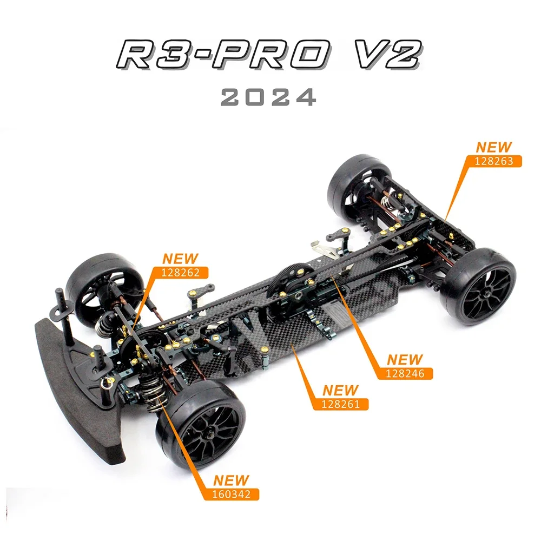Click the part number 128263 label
pyautogui.click(x=494, y=161)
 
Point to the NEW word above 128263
pyautogui.click(x=493, y=147)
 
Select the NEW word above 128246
pyautogui.click(x=405, y=359)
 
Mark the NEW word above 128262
pyautogui.click(x=181, y=259)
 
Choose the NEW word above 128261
pyautogui.click(x=340, y=390)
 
